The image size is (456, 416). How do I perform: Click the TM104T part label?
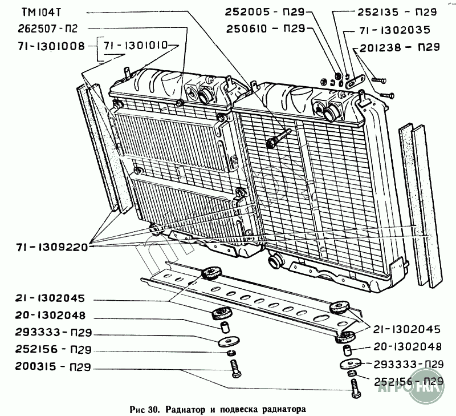pyautogui.click(x=41, y=13)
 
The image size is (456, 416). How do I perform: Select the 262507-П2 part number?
pyautogui.click(x=48, y=29)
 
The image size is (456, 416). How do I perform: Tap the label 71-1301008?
pyautogui.click(x=51, y=46)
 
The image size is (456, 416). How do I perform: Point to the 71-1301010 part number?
pyautogui.click(x=136, y=46)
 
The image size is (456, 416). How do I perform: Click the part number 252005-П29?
pyautogui.click(x=264, y=12)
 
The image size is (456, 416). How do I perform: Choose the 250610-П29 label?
pyautogui.click(x=266, y=29)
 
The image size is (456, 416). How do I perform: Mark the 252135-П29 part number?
pyautogui.click(x=397, y=12)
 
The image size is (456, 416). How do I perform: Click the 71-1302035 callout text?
pyautogui.click(x=395, y=30)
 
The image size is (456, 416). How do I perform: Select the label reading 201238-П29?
pyautogui.click(x=400, y=47)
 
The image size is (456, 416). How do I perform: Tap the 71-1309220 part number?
pyautogui.click(x=51, y=247)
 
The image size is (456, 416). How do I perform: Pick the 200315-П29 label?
pyautogui.click(x=53, y=367)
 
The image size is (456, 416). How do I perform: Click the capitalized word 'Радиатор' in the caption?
pyautogui.click(x=185, y=410)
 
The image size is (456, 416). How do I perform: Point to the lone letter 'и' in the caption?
pyautogui.click(x=212, y=410)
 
